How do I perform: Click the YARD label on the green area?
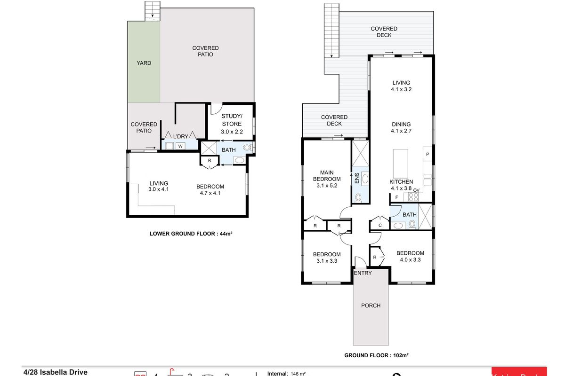pyautogui.click(x=144, y=63)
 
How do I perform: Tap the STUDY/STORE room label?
pyautogui.click(x=232, y=124)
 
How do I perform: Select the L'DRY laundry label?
pyautogui.click(x=180, y=136)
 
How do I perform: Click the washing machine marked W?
pyautogui.click(x=180, y=146)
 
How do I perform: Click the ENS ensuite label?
pyautogui.click(x=356, y=179)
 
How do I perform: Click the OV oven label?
pyautogui.click(x=416, y=190)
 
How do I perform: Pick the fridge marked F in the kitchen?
pyautogui.click(x=397, y=197)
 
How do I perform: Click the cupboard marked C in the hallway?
pyautogui.click(x=380, y=226)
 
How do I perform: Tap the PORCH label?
pyautogui.click(x=371, y=305)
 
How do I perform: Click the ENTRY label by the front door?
pyautogui.click(x=363, y=273)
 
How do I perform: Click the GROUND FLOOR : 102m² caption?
pyautogui.click(x=376, y=356)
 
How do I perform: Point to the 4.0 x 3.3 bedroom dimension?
pyautogui.click(x=410, y=259)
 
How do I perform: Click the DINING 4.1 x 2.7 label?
pyautogui.click(x=401, y=128)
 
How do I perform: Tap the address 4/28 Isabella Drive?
pyautogui.click(x=56, y=372)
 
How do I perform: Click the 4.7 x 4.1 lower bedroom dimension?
pyautogui.click(x=210, y=193)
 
